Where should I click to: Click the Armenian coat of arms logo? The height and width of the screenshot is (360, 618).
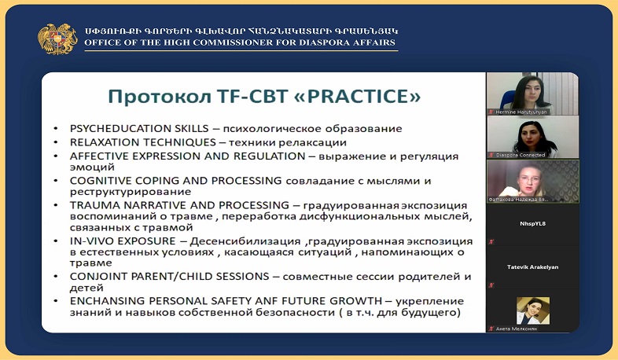click(57, 37)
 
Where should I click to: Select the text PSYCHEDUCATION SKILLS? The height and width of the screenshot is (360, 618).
click(130, 128)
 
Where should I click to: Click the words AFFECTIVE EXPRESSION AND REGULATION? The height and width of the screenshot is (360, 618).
click(186, 156)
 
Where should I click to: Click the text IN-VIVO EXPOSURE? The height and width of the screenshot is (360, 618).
click(115, 241)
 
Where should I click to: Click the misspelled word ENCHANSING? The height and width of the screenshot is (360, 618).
click(102, 301)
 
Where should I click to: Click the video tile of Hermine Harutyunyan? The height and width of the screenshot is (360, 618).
click(532, 94)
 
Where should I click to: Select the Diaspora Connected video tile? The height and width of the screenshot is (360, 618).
click(532, 137)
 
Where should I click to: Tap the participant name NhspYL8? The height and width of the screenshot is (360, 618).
click(532, 223)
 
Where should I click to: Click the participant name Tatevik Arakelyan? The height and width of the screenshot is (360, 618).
click(532, 266)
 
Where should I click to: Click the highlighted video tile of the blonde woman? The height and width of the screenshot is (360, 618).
click(532, 181)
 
